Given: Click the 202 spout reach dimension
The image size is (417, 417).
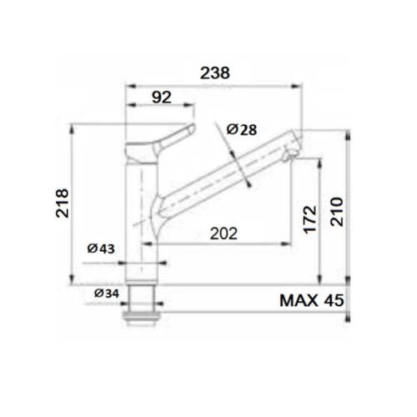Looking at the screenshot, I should click(x=223, y=233).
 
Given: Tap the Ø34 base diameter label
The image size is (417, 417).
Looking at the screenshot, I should click(x=106, y=293).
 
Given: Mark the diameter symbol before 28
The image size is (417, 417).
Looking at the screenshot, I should click(x=229, y=129).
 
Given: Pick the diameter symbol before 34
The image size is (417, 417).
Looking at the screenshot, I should click(x=98, y=293).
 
